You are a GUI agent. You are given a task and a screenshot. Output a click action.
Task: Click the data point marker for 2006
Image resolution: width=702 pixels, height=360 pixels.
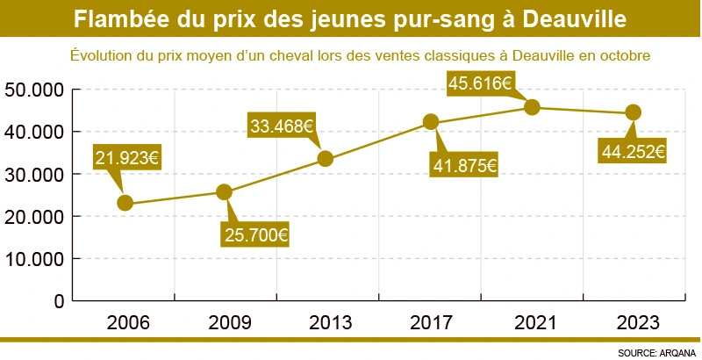coord(125,203)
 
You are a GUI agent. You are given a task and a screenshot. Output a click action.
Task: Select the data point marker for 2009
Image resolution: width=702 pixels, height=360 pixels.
coord(225,191)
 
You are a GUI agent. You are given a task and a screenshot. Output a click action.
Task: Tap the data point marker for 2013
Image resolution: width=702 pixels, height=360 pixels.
coord(325,159)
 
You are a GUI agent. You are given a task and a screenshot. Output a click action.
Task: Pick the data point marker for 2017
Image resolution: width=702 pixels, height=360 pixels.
coord(431,122)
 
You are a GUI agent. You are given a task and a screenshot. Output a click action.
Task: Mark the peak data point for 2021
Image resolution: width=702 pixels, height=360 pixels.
coord(532,107)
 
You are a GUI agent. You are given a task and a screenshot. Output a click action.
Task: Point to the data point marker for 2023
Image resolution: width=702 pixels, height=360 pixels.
coord(634,112)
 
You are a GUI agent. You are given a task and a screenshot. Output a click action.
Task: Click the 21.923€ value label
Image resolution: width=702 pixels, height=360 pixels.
coord(126,158)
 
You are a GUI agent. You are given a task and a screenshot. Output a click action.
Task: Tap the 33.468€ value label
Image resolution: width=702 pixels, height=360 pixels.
coord(282,126)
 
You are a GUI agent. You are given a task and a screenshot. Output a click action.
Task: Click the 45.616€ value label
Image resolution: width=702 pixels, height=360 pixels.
coord(480,83)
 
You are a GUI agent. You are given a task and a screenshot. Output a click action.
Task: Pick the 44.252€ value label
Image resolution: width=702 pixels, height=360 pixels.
coord(633,151)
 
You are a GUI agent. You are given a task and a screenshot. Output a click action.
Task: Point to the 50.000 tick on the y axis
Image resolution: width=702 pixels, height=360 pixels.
coord(34,90)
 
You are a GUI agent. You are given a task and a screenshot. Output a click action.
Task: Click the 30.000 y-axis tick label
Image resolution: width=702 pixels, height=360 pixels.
coord(34,174)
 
